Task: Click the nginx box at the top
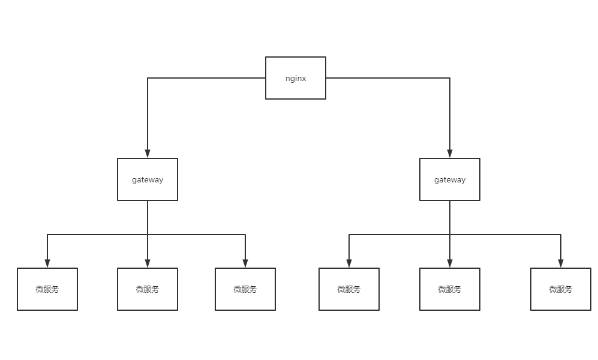coord(295,78)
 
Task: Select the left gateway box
coord(148,179)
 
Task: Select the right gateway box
coord(449,179)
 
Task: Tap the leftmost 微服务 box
coord(47,289)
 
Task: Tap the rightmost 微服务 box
coord(560,289)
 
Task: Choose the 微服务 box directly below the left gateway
coord(148,289)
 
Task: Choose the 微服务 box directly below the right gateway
coord(449,289)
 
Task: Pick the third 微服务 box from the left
coord(245,289)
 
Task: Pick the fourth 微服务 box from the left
coord(348,289)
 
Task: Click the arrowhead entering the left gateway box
coord(148,154)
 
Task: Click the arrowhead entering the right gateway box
coord(449,154)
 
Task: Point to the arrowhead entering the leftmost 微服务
coord(47,263)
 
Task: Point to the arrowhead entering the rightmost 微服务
coord(560,263)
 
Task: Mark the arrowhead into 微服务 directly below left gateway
coord(148,263)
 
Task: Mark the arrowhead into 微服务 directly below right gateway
coord(449,263)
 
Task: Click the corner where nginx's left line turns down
coord(148,78)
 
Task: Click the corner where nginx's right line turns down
coord(449,78)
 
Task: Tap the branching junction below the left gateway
coord(148,235)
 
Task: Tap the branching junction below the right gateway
coord(449,235)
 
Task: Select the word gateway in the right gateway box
coord(449,180)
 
